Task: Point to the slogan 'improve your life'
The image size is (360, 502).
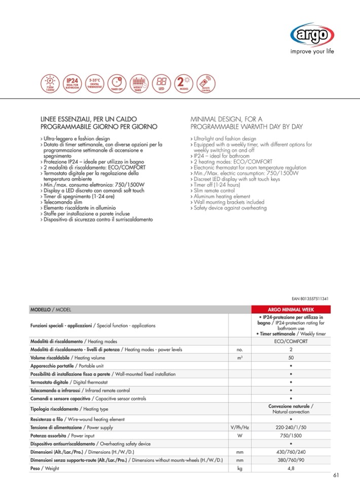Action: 312,51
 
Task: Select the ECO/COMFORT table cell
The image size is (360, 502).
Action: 291,341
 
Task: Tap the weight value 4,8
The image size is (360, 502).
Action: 291,469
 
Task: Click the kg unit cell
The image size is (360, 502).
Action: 240,469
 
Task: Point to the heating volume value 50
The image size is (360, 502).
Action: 291,358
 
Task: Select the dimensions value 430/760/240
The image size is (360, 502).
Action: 291,452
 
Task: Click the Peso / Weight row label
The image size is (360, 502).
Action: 45,469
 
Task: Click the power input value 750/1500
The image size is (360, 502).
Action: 291,436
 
